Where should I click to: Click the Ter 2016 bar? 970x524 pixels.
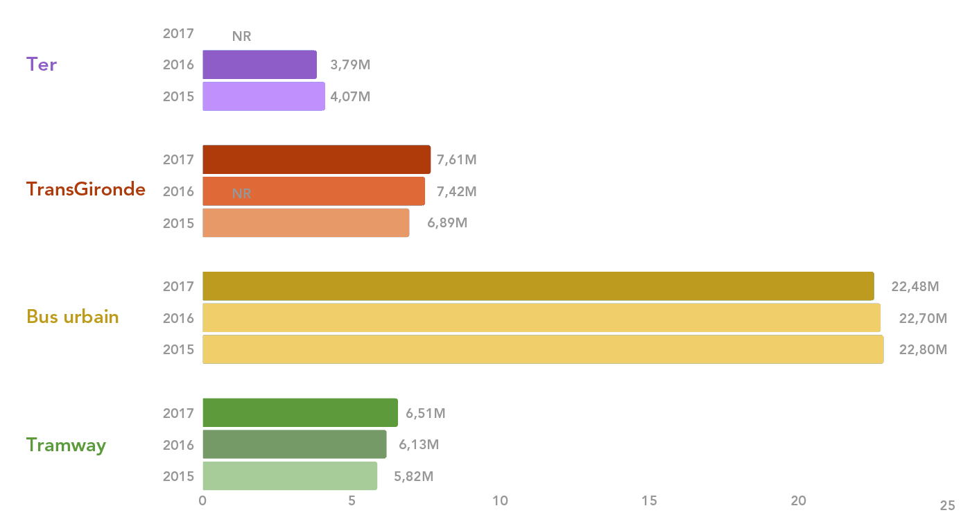click(259, 64)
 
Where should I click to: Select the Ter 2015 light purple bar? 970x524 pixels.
click(263, 96)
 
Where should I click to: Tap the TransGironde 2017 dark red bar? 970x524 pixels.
click(316, 159)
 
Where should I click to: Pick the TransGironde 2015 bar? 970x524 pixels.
click(306, 223)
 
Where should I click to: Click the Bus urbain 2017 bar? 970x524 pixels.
click(538, 286)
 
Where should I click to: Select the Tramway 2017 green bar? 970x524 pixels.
click(300, 413)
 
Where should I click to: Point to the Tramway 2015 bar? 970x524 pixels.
click(290, 476)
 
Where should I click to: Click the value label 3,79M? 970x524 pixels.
click(350, 65)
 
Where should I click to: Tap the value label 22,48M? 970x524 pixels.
click(915, 287)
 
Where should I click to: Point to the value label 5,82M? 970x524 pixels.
click(414, 477)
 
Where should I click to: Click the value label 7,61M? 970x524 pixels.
click(456, 160)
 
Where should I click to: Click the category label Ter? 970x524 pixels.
click(42, 64)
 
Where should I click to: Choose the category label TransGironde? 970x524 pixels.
click(86, 189)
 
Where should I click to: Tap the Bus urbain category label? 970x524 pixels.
click(73, 317)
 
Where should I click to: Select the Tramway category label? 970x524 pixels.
click(67, 445)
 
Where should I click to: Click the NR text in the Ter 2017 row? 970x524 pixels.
click(241, 37)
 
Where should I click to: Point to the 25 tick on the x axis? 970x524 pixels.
click(947, 505)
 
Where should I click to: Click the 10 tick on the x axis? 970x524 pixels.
click(500, 500)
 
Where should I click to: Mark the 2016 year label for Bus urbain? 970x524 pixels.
click(178, 318)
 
